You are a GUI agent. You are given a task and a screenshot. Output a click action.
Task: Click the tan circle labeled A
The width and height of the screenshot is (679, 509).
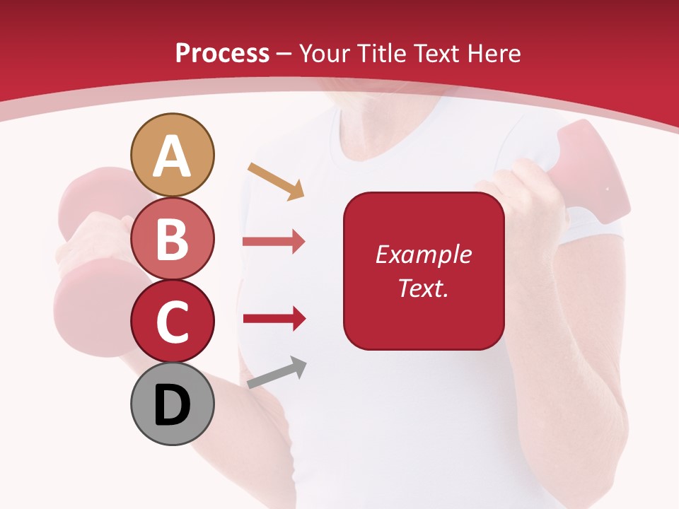pos(173,155)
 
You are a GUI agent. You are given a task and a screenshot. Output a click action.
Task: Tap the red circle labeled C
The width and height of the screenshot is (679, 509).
pos(173,322)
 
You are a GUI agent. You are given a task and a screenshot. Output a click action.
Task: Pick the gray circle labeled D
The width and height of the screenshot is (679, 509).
pos(173,404)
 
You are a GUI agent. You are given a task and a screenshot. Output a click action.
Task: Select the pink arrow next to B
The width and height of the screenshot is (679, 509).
pos(274,242)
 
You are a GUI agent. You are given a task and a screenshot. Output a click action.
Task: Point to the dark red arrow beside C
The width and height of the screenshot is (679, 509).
pos(274,318)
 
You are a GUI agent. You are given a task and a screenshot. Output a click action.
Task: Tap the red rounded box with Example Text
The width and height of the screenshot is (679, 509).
pos(424,271)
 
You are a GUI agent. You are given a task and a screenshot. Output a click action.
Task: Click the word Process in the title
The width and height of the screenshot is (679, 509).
pos(222,53)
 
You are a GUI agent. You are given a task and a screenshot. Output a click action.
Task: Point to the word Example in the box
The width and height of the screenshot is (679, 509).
pos(424,255)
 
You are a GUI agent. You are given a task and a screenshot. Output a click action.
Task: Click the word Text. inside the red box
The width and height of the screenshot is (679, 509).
pos(424,288)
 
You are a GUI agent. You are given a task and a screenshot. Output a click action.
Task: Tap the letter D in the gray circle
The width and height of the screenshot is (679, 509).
pos(173,405)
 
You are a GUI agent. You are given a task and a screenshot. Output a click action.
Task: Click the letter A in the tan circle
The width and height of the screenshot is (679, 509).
pos(173,156)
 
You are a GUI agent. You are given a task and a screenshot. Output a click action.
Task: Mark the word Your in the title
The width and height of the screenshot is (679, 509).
pos(322,53)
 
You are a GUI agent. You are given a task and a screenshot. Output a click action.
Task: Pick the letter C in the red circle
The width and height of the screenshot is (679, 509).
pos(173,322)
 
